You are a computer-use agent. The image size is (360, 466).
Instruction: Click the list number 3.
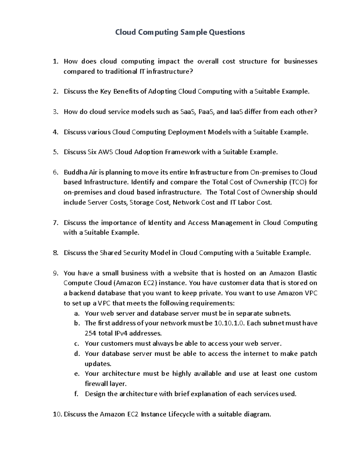click(x=55, y=112)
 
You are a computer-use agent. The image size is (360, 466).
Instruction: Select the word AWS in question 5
click(x=106, y=152)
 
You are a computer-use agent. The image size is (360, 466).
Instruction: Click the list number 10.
click(x=57, y=414)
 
